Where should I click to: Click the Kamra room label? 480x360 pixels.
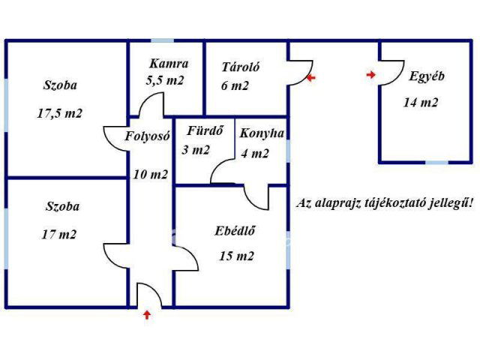point(168,64)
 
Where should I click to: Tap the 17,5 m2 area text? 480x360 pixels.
point(59,114)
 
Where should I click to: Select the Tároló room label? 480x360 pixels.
point(240,67)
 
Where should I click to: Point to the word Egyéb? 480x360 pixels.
point(427,76)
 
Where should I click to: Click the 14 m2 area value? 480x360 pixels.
point(421,103)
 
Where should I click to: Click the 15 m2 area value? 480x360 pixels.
point(236,256)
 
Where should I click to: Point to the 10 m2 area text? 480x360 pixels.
point(150,175)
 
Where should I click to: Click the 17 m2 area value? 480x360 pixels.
point(59,235)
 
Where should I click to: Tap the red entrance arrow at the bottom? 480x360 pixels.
point(147,315)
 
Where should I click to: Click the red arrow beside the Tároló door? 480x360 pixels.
point(311,77)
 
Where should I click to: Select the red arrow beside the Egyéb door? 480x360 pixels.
point(371,74)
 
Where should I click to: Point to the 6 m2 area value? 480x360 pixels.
point(235,85)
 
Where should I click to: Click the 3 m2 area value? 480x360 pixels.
point(196,150)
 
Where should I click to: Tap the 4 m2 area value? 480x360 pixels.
point(255,154)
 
